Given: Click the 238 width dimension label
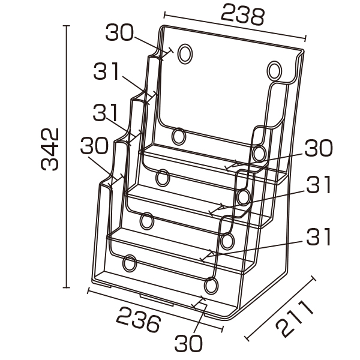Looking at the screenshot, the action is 242,14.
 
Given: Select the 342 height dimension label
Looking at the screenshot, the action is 50,149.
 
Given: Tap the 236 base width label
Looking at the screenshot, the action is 138,319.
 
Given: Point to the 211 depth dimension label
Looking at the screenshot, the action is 295,319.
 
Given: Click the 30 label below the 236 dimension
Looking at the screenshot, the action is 188,343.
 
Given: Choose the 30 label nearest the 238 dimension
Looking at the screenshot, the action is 119,32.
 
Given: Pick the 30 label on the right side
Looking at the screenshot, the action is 319,148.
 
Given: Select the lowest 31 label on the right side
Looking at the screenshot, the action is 319,236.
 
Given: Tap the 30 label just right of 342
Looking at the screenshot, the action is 94,145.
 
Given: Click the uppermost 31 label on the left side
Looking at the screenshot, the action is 106,71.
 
